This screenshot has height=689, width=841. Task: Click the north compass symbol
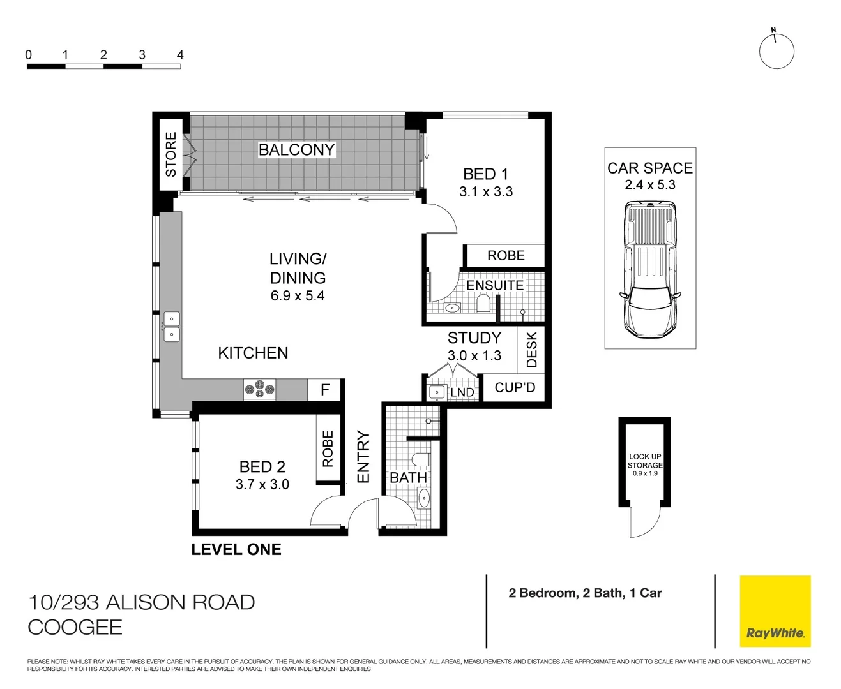(x=776, y=51)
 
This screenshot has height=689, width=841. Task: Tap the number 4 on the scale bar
(x=180, y=55)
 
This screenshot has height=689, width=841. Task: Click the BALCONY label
(x=296, y=149)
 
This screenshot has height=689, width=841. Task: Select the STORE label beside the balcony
(x=171, y=154)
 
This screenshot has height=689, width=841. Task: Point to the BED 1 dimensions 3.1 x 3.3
(x=485, y=192)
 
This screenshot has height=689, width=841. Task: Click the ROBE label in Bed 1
(x=506, y=256)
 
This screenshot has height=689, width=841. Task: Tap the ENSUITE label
(x=495, y=285)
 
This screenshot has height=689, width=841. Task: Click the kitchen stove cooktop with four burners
(x=260, y=389)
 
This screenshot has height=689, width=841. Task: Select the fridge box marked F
(x=325, y=390)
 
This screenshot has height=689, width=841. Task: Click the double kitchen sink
(x=172, y=327)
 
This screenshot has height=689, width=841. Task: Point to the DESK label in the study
(x=532, y=350)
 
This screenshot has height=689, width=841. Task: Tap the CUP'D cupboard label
(x=515, y=388)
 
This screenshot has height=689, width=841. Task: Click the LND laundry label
(x=462, y=392)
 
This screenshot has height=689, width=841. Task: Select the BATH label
(x=408, y=478)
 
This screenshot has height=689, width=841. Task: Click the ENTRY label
(x=363, y=457)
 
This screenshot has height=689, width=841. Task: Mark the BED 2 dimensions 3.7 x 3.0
(x=262, y=485)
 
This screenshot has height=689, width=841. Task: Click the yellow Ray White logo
(x=775, y=611)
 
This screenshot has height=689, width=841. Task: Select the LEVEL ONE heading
(x=236, y=550)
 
